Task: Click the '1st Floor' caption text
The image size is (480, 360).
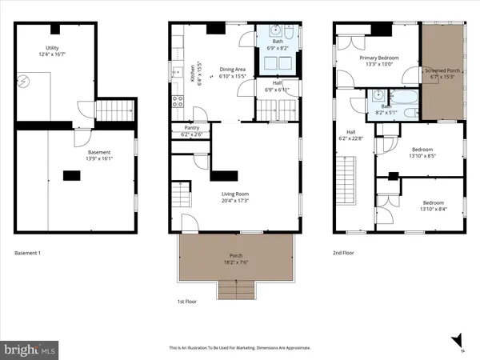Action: pos(186,302)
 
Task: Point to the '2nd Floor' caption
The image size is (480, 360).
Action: pos(345,254)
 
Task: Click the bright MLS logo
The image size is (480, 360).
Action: pos(30,349)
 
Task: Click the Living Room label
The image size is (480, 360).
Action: pos(238,195)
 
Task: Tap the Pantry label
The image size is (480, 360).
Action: pos(191,130)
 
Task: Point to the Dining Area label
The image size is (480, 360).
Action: pos(234,73)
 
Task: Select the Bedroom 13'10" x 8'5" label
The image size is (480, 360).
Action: pos(422,153)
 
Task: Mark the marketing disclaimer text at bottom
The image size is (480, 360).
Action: pos(239,348)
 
